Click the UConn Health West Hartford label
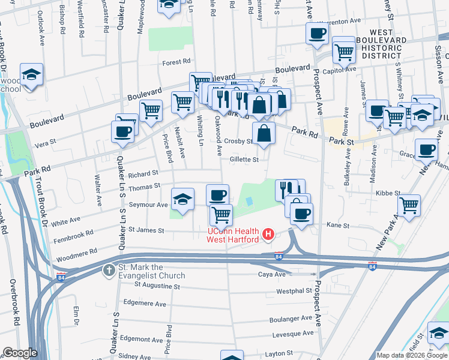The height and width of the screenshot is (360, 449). point(233,236)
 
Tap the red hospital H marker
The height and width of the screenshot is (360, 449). point(268,233)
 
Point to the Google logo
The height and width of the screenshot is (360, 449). point(20,353)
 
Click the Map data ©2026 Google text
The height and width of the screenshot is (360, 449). point(412,355)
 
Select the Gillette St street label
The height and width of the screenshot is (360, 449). point(244,160)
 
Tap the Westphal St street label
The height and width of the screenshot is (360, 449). point(294,291)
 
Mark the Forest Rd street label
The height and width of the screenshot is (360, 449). point(176,61)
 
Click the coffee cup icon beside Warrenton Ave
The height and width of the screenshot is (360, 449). point(317,34)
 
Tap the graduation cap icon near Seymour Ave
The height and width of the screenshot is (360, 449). point(183,200)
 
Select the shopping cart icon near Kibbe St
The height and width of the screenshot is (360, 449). point(409,205)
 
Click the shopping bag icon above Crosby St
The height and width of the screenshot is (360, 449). point(263,134)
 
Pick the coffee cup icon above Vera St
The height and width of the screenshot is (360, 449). point(122,131)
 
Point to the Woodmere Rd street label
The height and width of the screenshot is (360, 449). point(76,252)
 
